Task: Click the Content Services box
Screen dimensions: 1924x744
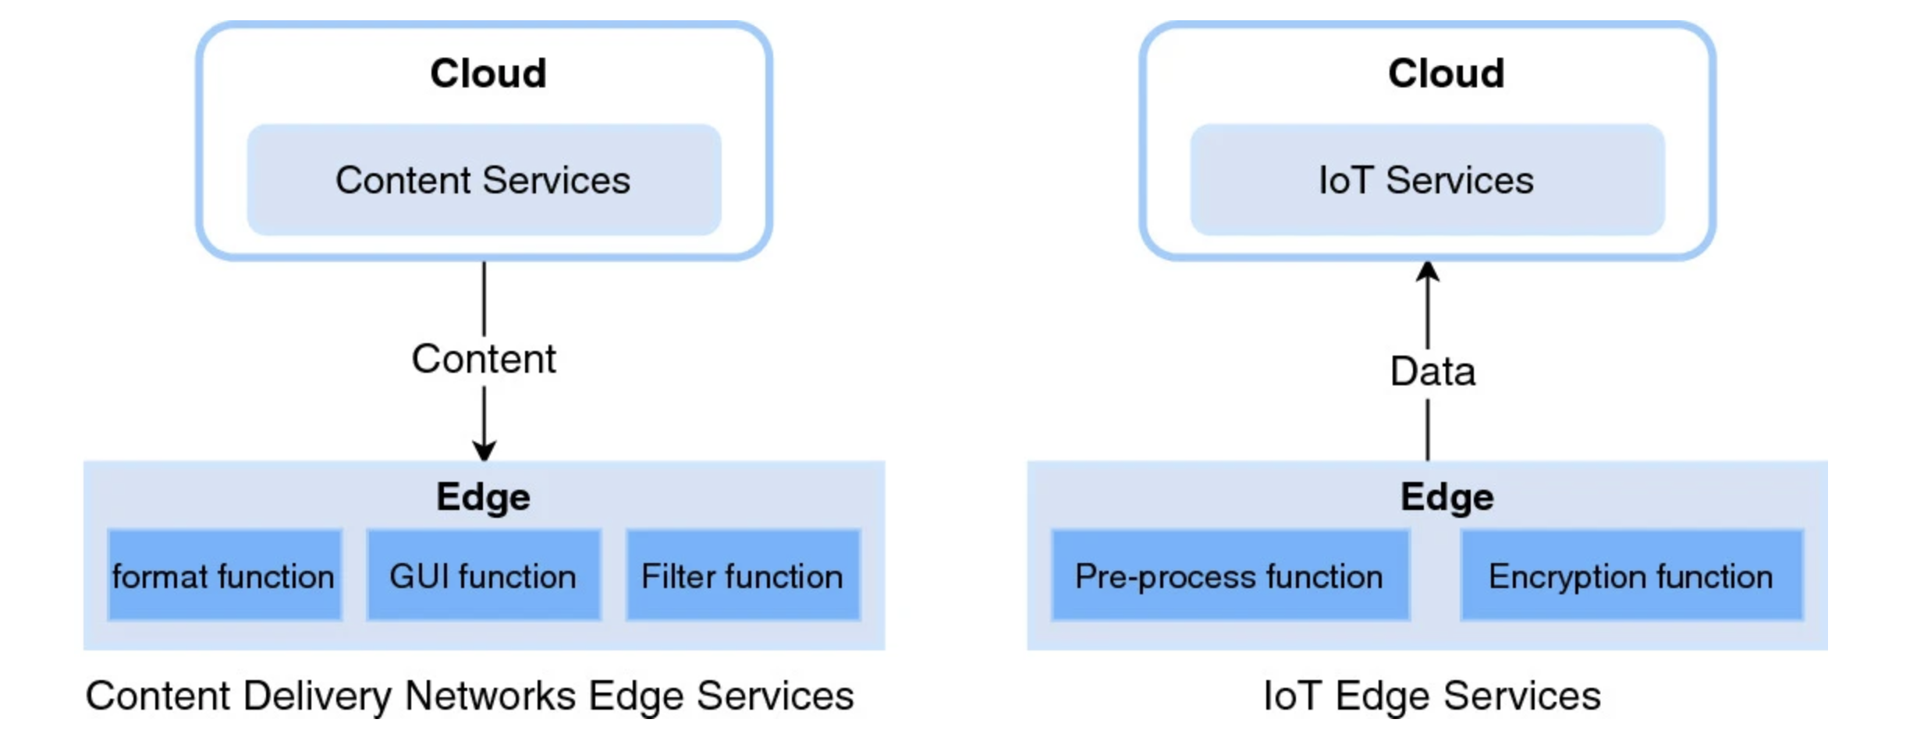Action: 484,179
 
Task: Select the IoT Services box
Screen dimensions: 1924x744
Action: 1427,179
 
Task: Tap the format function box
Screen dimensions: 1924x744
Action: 225,575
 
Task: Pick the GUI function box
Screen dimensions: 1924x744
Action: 484,575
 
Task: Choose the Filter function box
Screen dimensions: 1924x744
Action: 743,575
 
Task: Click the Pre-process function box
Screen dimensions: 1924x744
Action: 1230,575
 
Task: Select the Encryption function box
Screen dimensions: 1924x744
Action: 1631,575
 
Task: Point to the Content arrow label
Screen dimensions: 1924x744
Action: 484,360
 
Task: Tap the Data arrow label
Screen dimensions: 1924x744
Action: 1432,371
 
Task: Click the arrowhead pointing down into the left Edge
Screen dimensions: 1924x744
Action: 484,451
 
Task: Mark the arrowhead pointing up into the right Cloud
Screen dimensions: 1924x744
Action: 1428,271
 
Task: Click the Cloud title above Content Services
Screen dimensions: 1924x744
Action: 488,73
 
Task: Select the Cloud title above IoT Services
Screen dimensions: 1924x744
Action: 1446,73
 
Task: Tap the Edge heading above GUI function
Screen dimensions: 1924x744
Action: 484,498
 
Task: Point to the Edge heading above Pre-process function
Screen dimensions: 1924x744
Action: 1447,498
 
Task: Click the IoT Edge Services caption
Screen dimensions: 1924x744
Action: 1432,696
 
